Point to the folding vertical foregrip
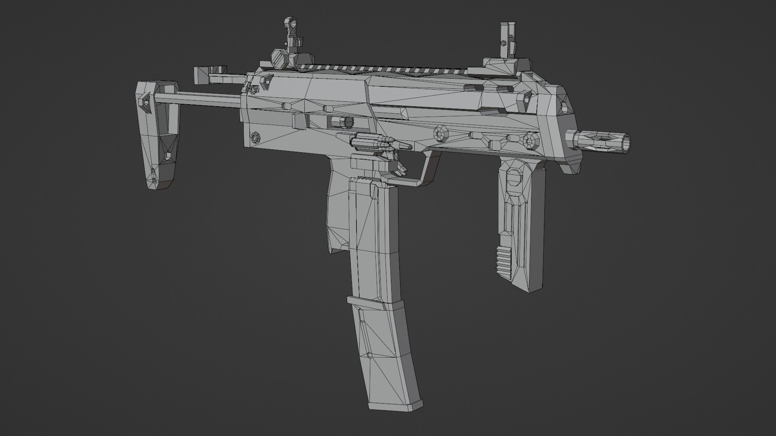pyautogui.click(x=519, y=222)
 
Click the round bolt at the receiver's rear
pyautogui.click(x=255, y=137)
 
